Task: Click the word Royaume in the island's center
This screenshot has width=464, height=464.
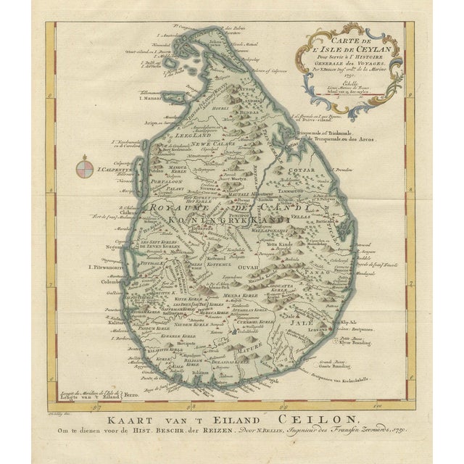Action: [177, 207]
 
